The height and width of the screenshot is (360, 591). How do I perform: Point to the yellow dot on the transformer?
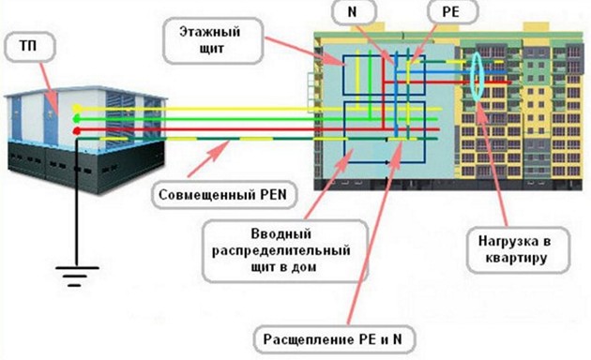coord(75,109)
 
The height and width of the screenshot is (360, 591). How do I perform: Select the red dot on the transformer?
coord(75,119)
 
